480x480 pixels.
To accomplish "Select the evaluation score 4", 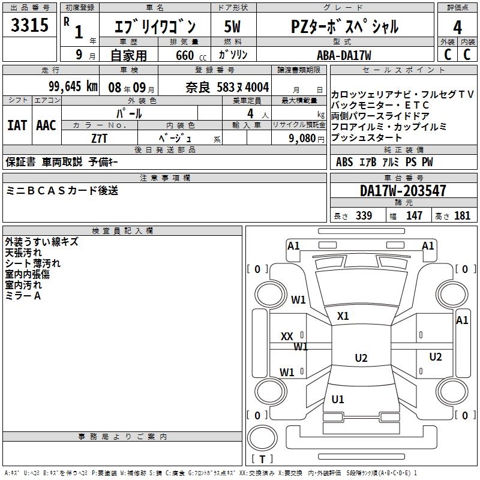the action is click(457, 28).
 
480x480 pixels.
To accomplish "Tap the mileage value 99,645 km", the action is click(74, 86).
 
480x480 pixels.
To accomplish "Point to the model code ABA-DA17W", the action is click(344, 55).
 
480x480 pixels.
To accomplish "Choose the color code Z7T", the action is click(100, 138).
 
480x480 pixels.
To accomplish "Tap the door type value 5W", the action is click(232, 27).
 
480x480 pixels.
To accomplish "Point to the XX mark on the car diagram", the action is click(287, 337).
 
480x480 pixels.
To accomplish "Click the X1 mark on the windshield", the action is click(343, 316).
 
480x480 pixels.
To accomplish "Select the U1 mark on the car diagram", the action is click(338, 400).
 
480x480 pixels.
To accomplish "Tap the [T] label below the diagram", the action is click(263, 460).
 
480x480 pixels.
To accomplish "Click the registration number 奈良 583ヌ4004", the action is click(227, 86).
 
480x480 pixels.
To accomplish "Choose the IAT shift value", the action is click(16, 125).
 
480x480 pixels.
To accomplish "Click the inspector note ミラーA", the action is click(23, 296).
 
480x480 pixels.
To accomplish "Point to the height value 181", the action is click(462, 216).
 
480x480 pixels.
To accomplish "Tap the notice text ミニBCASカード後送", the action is click(62, 191).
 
